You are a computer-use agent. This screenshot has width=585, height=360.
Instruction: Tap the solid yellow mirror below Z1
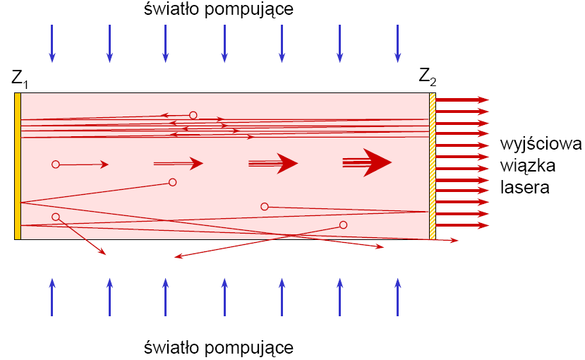point(18,166)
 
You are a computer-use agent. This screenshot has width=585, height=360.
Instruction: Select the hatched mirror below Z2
point(433,166)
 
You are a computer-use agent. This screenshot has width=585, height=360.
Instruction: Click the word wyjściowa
point(540,145)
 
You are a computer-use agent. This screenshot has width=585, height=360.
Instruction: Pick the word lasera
point(525,188)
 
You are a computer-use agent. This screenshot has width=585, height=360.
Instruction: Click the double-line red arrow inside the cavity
point(179,164)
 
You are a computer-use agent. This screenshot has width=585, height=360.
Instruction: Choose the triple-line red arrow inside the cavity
point(273,164)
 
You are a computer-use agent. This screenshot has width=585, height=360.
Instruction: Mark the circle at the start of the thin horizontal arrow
point(55,164)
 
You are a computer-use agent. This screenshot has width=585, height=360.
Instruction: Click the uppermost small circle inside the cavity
point(193,115)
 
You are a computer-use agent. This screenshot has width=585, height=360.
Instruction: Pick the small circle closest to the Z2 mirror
point(343,225)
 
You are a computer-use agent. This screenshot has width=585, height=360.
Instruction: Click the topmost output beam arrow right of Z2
point(462,100)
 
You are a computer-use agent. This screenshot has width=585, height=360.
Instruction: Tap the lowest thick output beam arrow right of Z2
point(462,225)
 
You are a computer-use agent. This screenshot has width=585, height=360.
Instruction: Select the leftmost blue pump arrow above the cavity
point(52,42)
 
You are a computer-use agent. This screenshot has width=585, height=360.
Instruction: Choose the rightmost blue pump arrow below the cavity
point(397,296)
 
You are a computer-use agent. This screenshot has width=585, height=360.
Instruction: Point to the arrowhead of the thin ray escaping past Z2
point(454,241)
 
